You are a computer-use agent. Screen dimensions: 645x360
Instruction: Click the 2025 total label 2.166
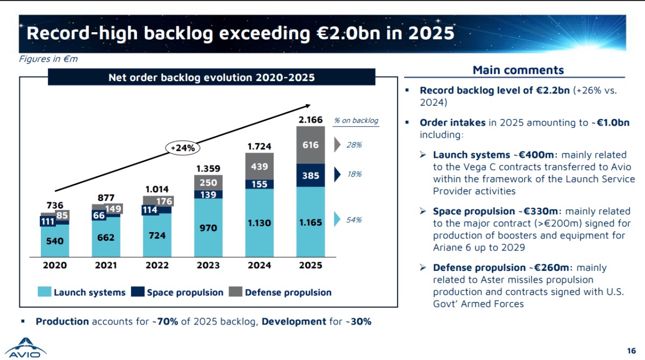311,120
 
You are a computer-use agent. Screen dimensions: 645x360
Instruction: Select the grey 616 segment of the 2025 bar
311,145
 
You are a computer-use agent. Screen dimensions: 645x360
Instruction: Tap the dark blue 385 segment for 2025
311,176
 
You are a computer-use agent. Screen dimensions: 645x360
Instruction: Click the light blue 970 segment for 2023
208,228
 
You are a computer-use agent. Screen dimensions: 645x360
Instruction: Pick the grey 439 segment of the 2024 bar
260,167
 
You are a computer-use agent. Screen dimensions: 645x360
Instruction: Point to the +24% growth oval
183,148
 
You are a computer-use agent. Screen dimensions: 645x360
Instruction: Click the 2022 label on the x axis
157,265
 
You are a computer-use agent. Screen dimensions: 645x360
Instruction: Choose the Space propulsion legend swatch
138,292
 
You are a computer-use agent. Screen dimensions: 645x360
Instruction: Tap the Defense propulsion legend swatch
235,292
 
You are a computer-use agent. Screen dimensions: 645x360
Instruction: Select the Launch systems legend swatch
44,292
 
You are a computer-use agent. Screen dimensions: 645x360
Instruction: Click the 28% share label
354,145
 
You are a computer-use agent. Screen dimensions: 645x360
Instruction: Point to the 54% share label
354,220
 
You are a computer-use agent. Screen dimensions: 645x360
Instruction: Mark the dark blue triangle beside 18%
337,175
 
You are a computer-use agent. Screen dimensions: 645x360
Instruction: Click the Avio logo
25,348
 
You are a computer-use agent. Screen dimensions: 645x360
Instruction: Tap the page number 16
632,350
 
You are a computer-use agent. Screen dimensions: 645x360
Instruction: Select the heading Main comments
518,70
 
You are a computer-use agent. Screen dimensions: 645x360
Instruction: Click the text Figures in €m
48,59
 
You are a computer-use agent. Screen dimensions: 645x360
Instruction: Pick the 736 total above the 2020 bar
55,205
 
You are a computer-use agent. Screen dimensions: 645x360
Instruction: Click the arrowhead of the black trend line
309,106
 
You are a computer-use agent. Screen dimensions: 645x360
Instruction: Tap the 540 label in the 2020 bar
55,241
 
